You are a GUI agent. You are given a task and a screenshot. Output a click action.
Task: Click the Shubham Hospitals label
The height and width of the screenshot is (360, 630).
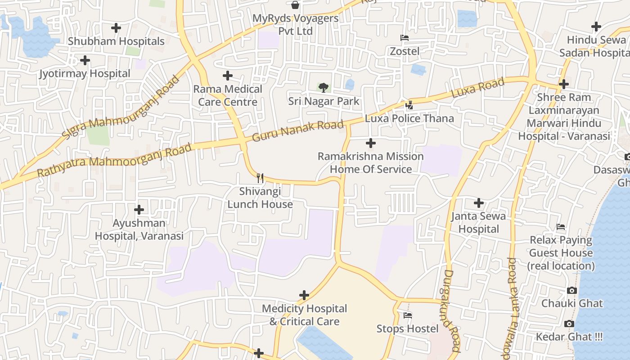coord(116,41)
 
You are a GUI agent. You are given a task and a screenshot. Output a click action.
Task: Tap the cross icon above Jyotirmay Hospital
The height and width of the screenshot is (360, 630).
coord(85,60)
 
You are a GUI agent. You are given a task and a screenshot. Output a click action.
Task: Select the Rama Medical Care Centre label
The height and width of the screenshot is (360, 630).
coord(228,95)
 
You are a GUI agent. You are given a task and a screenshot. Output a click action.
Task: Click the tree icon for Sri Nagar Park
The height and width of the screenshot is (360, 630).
coord(323,87)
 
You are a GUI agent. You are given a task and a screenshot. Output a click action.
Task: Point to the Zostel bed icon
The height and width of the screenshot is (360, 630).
coord(405,38)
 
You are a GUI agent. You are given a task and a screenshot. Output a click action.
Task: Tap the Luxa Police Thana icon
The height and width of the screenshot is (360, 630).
coord(409,106)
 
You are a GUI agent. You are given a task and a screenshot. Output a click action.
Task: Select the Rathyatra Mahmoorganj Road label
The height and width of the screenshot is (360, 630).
coord(114,160)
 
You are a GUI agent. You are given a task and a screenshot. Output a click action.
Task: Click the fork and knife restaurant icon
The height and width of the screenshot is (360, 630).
coord(260,178)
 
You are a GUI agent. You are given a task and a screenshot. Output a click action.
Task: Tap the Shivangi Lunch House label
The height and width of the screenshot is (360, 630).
coord(260,198)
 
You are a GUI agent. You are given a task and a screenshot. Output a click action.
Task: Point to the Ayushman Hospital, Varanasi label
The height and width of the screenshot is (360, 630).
coord(139,229)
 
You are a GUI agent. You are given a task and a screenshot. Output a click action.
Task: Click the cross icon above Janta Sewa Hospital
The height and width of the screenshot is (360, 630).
coord(479,203)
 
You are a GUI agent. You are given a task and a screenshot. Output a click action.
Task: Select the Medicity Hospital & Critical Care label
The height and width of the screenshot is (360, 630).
coord(304,315)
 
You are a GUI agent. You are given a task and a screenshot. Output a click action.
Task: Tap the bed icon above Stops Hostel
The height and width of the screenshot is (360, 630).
coord(408,315)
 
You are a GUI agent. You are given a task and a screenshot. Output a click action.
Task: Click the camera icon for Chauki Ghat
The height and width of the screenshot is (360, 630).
coord(572,290)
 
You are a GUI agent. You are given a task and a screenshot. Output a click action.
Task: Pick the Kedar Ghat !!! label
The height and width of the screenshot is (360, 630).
coord(569,337)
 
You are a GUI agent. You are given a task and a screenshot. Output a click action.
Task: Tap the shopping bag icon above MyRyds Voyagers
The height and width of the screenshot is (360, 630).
coord(295,5)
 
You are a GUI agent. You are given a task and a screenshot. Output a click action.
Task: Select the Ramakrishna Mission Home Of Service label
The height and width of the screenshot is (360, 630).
coord(371,163)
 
